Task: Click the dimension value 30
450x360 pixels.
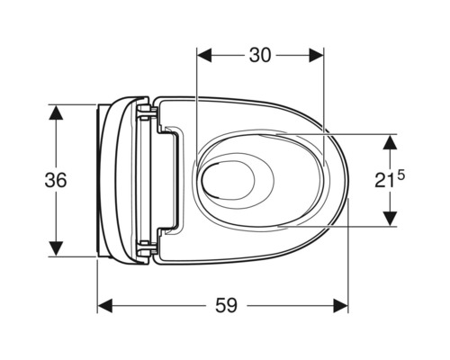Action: pos(260,55)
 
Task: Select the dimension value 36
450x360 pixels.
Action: pos(56,180)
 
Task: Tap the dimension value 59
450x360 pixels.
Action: pos(226,306)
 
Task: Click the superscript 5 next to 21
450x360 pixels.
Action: pos(400,173)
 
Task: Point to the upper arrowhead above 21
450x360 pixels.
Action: pos(390,141)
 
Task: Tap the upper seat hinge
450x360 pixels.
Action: pos(147,113)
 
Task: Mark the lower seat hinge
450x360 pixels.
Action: pos(147,247)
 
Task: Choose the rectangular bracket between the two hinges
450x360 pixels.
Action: pos(172,180)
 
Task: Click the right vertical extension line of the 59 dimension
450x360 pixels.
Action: pos(348,270)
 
